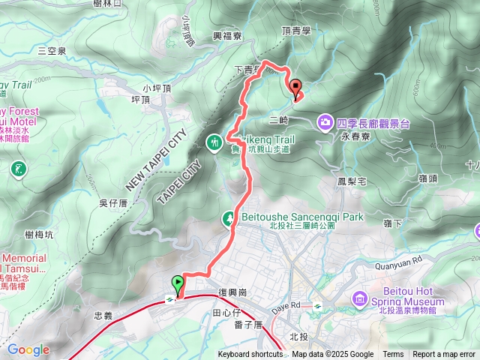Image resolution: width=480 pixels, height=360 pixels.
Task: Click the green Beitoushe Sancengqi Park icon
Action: (x=228, y=217)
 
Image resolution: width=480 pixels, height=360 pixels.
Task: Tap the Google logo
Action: (x=28, y=349)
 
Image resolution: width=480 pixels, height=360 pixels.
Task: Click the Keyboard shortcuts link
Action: (x=250, y=355)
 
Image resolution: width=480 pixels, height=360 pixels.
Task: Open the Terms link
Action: (x=393, y=355)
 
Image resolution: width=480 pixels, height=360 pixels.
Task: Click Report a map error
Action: (x=444, y=355)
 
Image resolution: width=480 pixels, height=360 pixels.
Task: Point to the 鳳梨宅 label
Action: (x=350, y=181)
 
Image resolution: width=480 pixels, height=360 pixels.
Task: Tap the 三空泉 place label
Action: (x=52, y=50)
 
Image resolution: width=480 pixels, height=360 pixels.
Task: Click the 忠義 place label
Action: (x=103, y=316)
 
